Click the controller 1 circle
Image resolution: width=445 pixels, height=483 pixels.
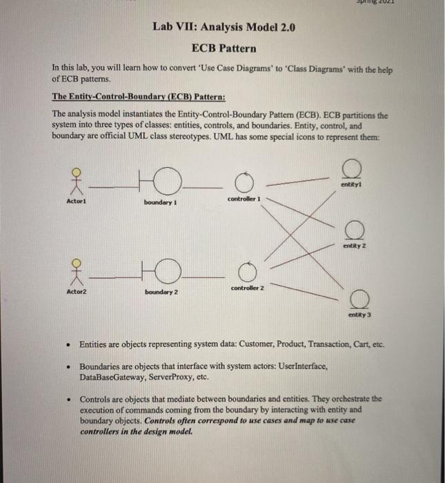(x=244, y=183)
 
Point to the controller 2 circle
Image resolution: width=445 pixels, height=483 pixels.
(x=246, y=271)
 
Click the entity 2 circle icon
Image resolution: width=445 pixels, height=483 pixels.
(x=355, y=228)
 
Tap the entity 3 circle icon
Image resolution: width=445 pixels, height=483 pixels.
(x=359, y=298)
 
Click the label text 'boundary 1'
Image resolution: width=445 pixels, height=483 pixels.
(x=161, y=202)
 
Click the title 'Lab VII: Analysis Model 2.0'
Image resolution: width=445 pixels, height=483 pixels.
(x=224, y=28)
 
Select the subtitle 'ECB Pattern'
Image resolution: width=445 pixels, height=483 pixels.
(x=224, y=48)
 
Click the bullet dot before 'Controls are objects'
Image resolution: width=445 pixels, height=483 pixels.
(x=70, y=400)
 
